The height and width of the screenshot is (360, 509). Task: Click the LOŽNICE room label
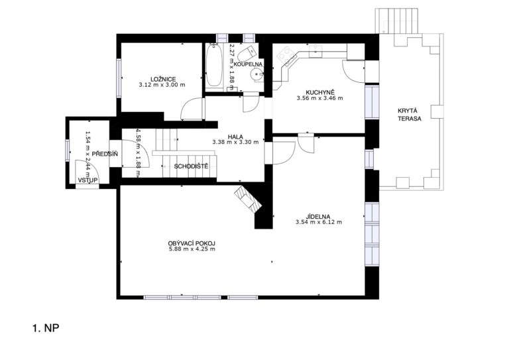tap(163, 79)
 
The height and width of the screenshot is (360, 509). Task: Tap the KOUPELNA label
tap(248, 64)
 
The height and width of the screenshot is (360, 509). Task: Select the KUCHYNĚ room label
tap(319, 92)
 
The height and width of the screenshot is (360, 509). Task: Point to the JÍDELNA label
tap(318, 217)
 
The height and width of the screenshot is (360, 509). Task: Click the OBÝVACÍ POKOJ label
tap(192, 243)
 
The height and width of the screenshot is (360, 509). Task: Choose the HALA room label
tap(235, 137)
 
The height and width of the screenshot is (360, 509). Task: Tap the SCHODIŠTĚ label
tap(191, 166)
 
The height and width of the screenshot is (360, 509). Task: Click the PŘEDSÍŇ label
tap(105, 154)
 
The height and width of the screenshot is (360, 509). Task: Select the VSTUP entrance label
tap(87, 180)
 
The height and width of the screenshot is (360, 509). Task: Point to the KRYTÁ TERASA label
tap(410, 115)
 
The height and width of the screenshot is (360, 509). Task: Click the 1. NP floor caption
tap(46, 328)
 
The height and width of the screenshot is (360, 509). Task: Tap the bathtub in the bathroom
tap(214, 66)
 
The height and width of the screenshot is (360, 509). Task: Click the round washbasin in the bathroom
tap(256, 75)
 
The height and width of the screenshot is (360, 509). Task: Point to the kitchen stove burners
tap(286, 54)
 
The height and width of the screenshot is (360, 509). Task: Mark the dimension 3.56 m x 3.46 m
tap(319, 97)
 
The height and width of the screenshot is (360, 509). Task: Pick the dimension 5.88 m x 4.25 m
tap(192, 249)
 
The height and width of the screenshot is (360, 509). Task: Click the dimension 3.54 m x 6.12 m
tap(319, 222)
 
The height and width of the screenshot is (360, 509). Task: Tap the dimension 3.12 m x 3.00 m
tap(162, 85)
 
